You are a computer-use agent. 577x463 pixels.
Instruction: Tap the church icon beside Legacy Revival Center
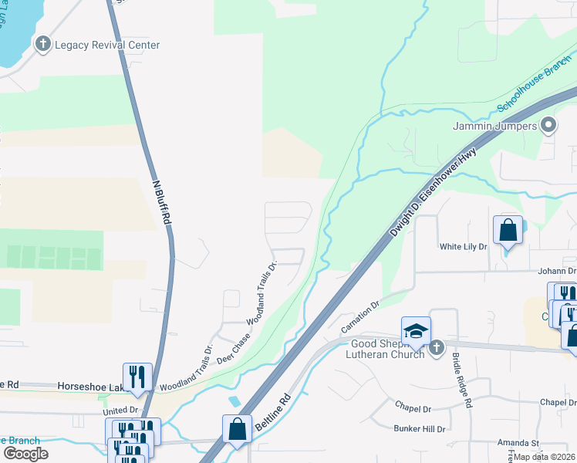[x=43, y=45]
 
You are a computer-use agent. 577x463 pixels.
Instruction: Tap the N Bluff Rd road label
[x=160, y=202]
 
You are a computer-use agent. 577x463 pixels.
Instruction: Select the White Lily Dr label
[x=464, y=247]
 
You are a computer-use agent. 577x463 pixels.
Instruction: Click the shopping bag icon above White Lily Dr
[x=508, y=230]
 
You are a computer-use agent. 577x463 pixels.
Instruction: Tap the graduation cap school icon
[x=416, y=331]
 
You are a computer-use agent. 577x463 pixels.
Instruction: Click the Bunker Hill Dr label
[x=420, y=428]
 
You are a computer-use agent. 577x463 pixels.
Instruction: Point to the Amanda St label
[x=517, y=443]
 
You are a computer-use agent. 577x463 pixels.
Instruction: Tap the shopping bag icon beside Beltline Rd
[x=237, y=430]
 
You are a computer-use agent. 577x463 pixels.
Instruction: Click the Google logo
[x=25, y=454]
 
